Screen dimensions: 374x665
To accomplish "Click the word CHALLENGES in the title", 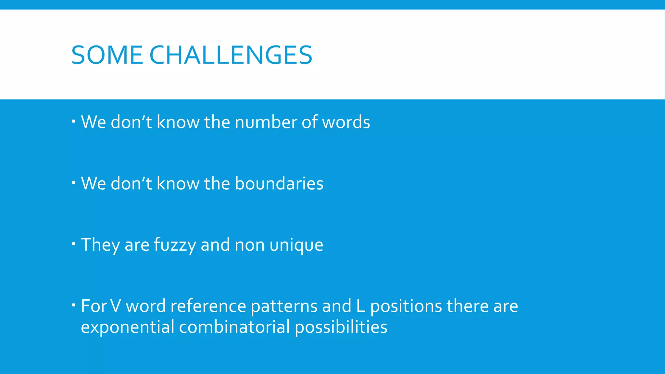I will tap(231, 55).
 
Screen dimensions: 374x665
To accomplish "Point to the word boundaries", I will tap(279, 183).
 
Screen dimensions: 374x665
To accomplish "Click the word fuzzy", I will tap(175, 245).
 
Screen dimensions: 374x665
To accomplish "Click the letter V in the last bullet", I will tap(116, 306).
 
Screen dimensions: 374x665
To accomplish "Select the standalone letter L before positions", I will tap(360, 306).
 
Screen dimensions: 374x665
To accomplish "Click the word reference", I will tap(208, 306).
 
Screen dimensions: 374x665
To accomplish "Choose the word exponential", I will tap(127, 327).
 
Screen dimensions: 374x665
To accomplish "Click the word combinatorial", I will tap(234, 327).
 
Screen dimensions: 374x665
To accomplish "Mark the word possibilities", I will tap(341, 327).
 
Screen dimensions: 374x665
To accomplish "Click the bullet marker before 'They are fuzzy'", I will tap(74, 243).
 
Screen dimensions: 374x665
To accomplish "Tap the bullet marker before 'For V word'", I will tap(74, 305).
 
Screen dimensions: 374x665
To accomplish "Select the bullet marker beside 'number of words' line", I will tap(74, 121).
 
